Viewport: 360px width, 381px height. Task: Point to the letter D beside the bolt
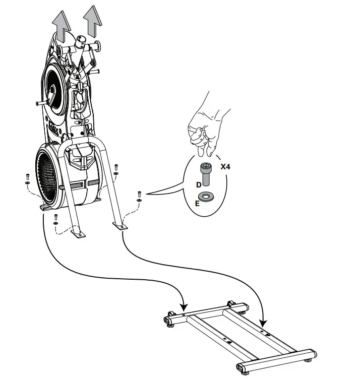pyautogui.click(x=199, y=185)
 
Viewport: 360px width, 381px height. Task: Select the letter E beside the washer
pyautogui.click(x=197, y=204)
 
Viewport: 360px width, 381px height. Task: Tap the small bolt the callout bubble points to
pyautogui.click(x=139, y=194)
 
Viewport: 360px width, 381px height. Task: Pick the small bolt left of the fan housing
pyautogui.click(x=27, y=177)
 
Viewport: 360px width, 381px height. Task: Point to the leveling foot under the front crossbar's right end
pyautogui.click(x=308, y=359)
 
